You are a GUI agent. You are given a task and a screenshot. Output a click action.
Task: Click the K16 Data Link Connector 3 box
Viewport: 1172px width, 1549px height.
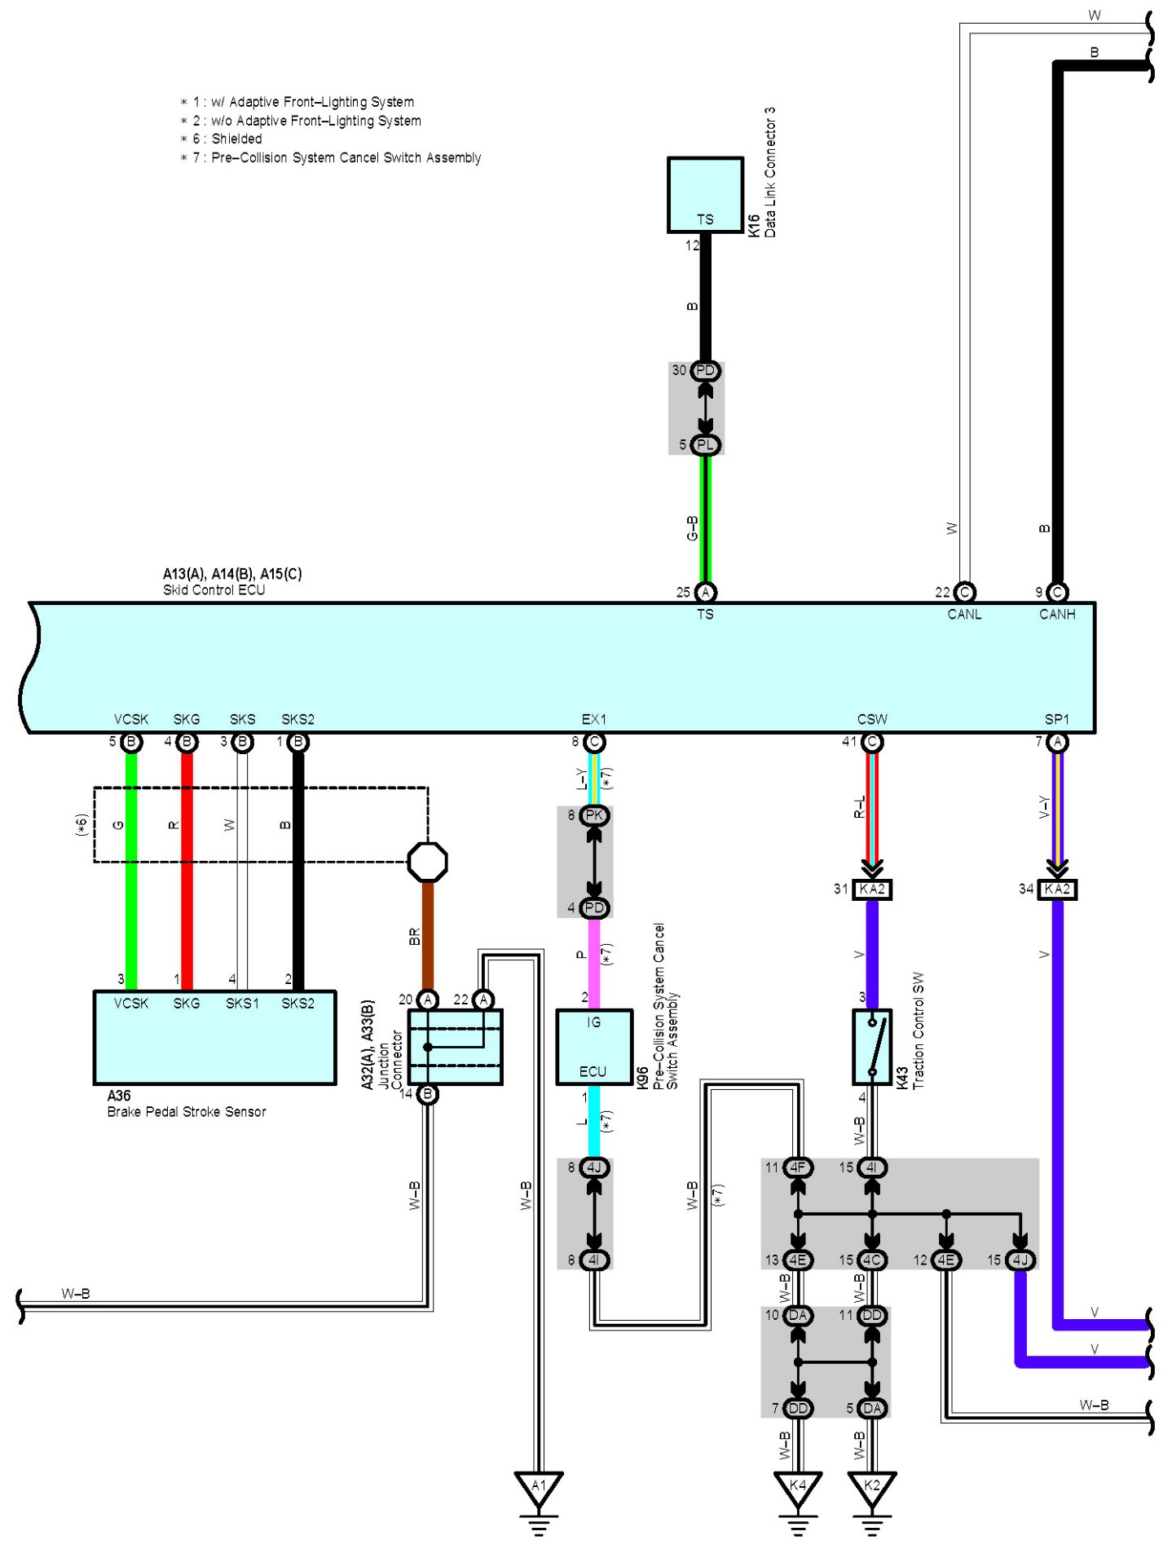705,195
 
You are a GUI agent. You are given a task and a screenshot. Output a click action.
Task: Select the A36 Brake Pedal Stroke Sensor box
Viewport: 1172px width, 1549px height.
214,1037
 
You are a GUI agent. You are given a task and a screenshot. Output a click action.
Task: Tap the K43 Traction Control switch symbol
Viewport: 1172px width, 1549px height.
872,1047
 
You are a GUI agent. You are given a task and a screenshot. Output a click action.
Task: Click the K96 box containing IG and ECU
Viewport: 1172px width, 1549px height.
594,1047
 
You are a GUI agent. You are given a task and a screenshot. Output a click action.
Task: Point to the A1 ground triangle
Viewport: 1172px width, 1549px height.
539,1486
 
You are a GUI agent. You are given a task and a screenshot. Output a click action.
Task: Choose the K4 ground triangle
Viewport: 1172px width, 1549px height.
798,1486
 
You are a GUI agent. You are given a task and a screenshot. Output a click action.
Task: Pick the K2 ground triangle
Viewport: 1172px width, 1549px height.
872,1486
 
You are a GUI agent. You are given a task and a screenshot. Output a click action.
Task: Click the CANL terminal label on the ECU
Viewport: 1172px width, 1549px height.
964,615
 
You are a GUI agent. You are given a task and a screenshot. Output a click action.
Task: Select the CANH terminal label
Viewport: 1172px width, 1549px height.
1057,615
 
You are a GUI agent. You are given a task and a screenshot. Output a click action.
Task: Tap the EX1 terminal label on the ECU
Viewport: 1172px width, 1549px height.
594,719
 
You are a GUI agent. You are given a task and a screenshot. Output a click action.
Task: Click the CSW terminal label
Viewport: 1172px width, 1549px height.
872,719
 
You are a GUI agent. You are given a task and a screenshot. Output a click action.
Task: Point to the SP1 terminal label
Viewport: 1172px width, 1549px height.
1057,719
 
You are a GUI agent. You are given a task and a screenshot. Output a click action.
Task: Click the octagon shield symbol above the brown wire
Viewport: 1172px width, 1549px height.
428,862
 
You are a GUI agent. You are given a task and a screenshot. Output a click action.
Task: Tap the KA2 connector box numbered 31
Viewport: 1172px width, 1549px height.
872,889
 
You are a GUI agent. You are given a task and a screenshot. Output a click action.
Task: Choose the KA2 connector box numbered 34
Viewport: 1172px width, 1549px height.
1057,889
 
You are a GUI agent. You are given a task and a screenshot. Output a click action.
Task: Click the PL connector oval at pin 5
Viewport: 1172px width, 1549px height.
705,445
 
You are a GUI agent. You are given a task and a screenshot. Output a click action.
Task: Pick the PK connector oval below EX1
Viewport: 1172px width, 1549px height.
595,815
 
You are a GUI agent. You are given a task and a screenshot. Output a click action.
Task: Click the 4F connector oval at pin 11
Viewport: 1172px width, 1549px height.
798,1167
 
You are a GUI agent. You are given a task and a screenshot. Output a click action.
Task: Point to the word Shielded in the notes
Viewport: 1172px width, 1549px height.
237,139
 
